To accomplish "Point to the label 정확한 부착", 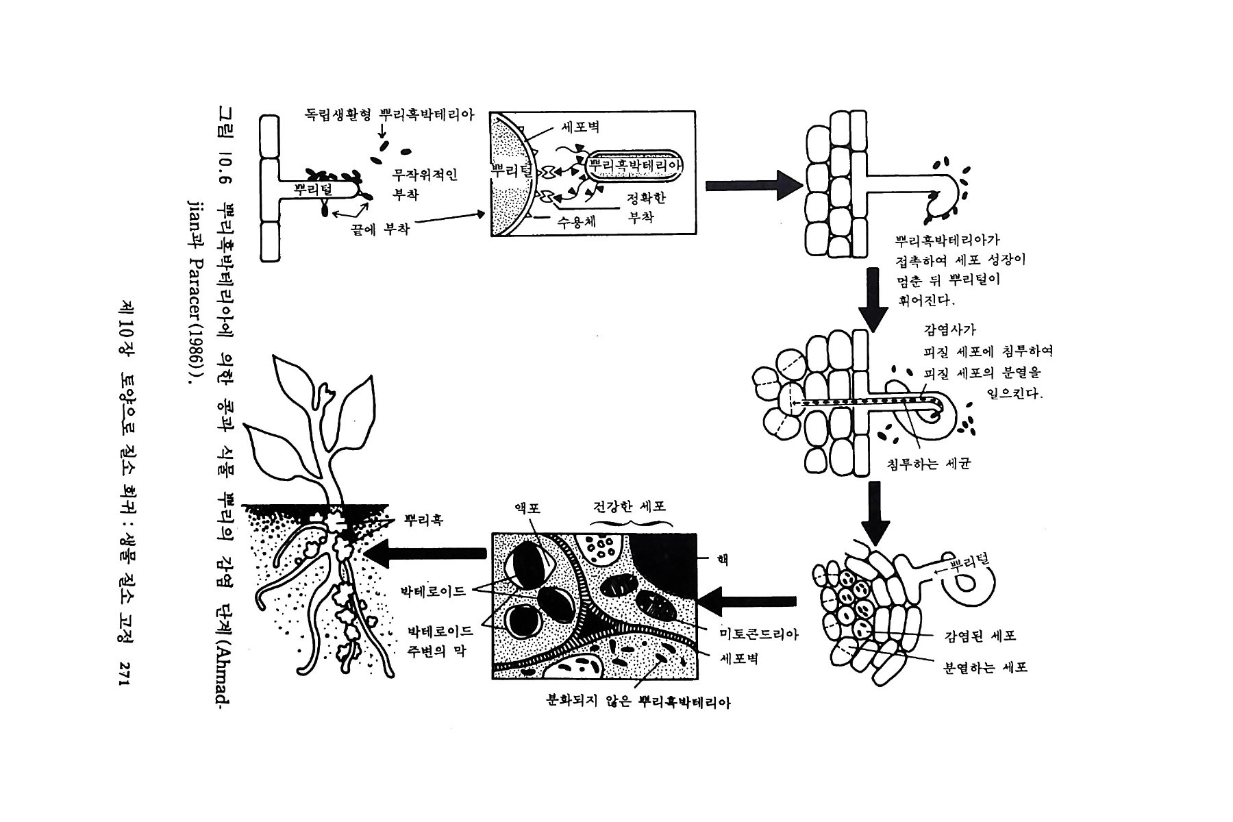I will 646,208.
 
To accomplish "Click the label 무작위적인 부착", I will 424,184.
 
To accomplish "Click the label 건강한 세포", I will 629,508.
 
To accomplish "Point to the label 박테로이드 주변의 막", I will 438,640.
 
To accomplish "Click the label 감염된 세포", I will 980,636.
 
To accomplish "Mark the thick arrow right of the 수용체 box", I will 754,184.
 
